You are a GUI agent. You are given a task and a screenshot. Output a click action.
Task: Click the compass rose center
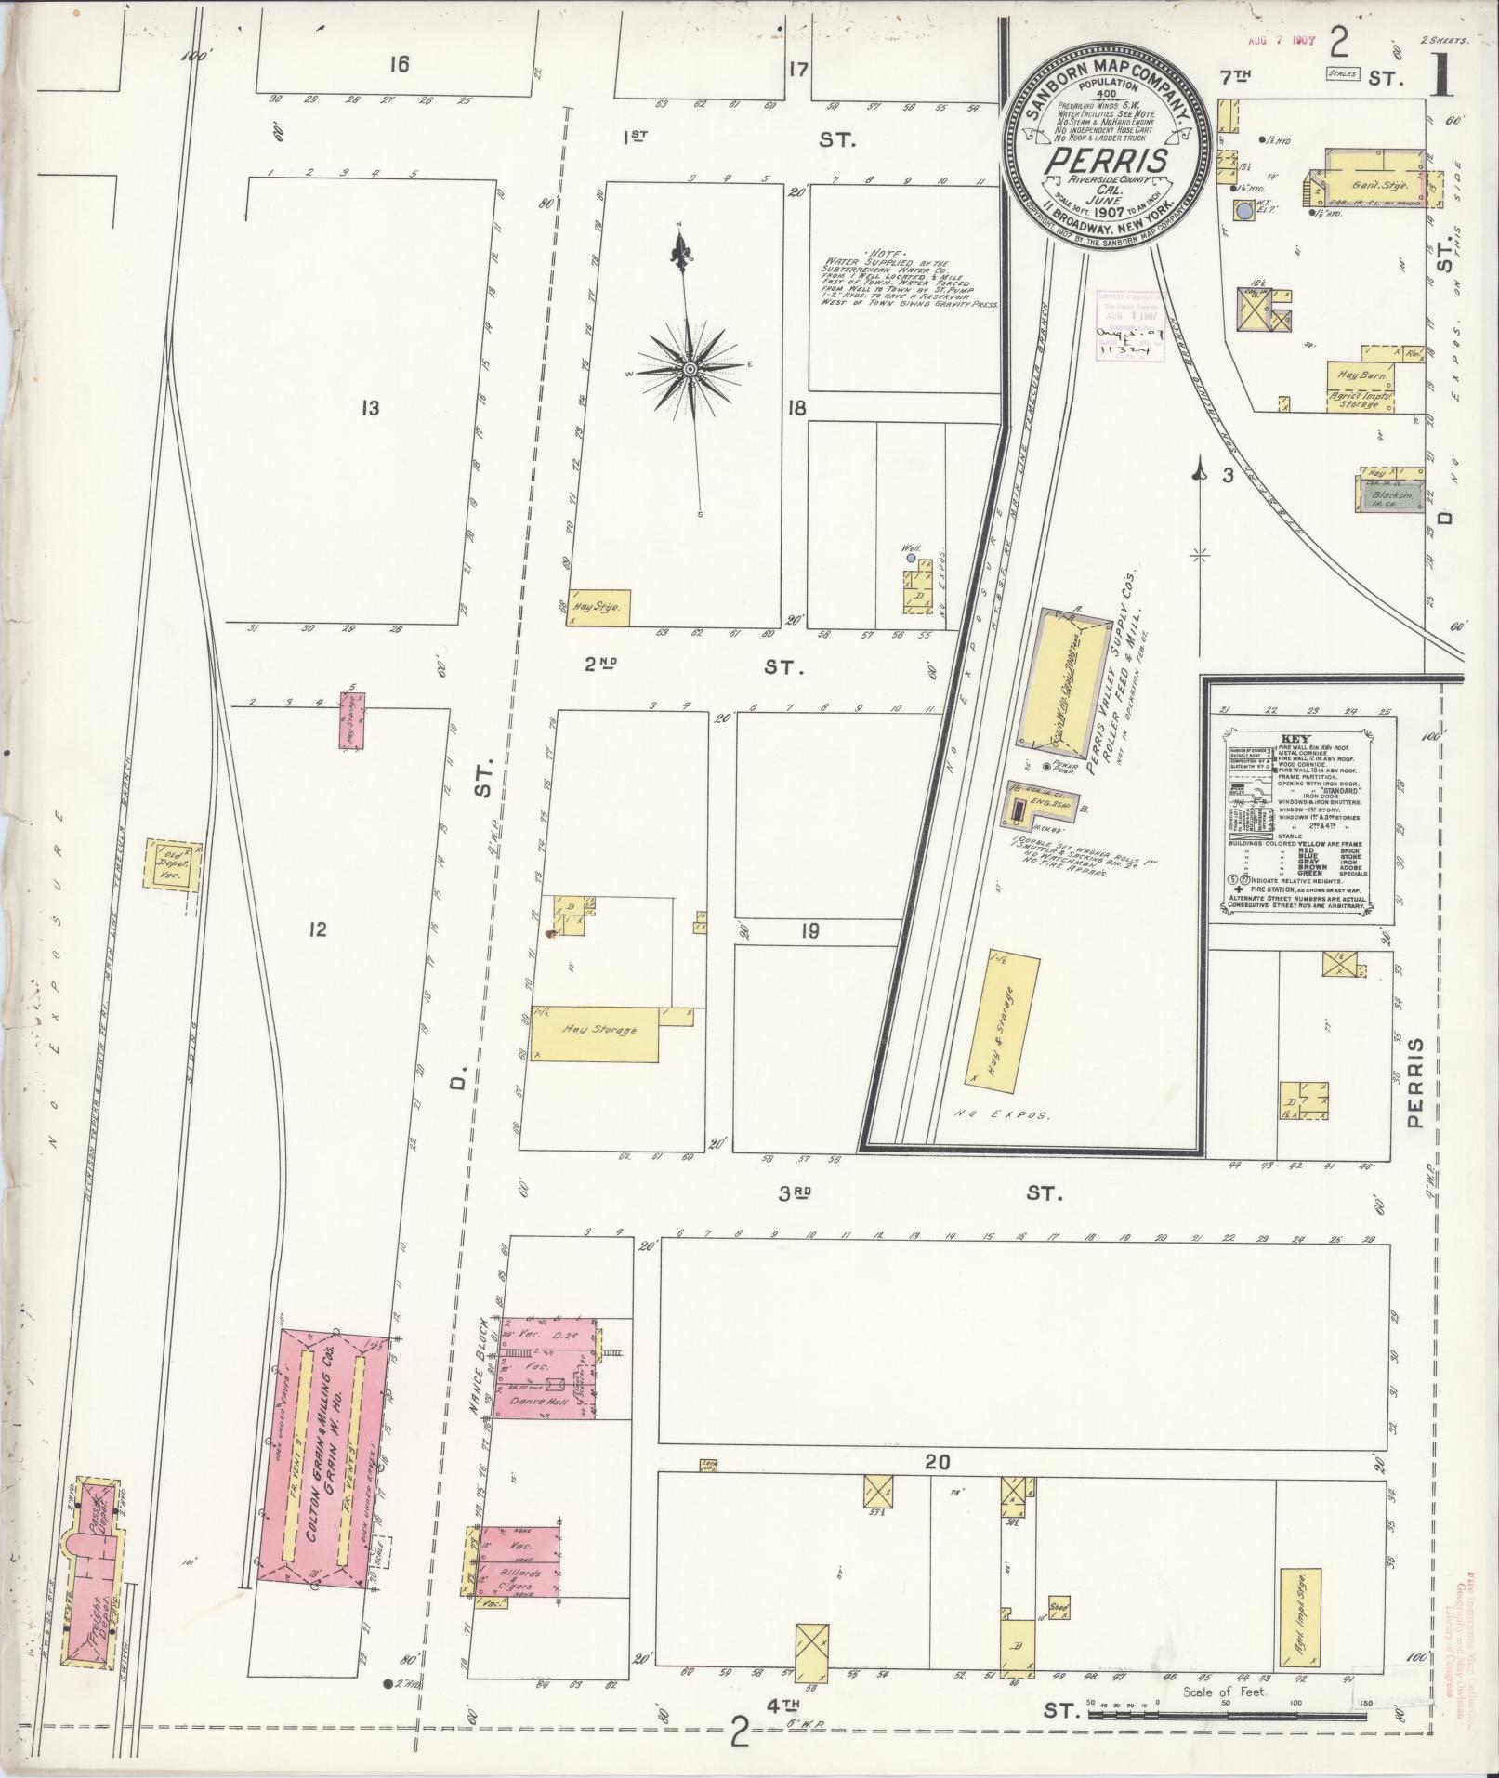(x=690, y=369)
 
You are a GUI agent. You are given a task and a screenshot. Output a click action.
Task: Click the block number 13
(x=371, y=407)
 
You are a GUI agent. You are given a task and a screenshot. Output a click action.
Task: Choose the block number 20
(x=938, y=1462)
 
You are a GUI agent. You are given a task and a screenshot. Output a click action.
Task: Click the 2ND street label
(x=602, y=665)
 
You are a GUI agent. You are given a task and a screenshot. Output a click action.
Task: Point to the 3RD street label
(x=796, y=1192)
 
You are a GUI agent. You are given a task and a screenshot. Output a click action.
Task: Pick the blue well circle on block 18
(x=911, y=559)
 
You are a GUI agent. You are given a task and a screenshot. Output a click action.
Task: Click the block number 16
(x=400, y=64)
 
